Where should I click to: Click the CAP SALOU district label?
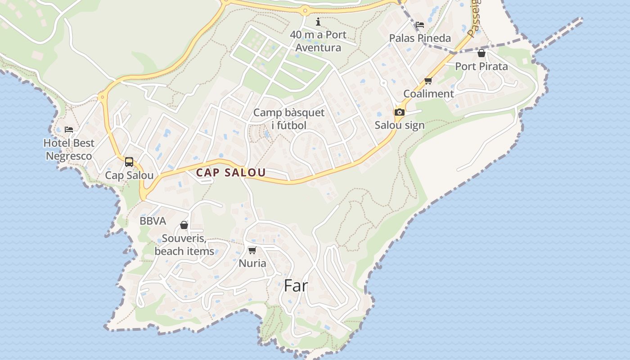[x=231, y=172]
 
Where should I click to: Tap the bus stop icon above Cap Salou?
[x=129, y=162]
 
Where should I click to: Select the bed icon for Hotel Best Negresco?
[x=69, y=130]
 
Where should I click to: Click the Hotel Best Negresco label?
[x=69, y=149]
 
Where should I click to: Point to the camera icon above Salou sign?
[x=399, y=112]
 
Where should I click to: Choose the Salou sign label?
[x=400, y=125]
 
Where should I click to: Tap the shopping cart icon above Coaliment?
[x=428, y=81]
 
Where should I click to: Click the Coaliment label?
[x=428, y=94]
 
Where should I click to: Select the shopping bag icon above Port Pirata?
[x=481, y=54]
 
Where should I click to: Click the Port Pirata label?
[x=481, y=66]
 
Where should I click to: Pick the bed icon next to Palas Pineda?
[x=420, y=25]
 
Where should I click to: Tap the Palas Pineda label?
[x=420, y=38]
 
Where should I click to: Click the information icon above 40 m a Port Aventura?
[x=318, y=22]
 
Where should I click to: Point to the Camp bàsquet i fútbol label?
[x=288, y=119]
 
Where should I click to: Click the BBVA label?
[x=153, y=221]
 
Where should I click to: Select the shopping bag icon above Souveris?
[x=184, y=225]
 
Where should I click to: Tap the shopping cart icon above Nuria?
[x=252, y=250]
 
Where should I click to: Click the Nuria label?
[x=252, y=263]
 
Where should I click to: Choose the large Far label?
[x=296, y=285]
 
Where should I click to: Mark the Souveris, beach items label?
[x=184, y=245]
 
